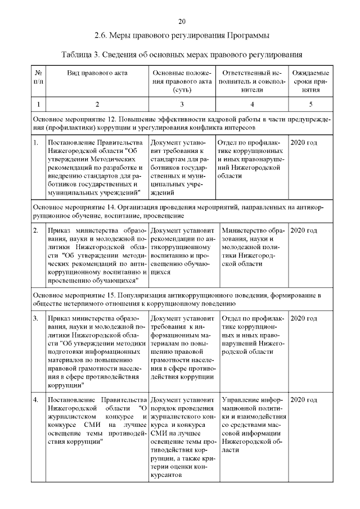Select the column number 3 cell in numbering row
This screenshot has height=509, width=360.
point(182,104)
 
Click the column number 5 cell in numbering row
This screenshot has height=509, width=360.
point(310,104)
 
